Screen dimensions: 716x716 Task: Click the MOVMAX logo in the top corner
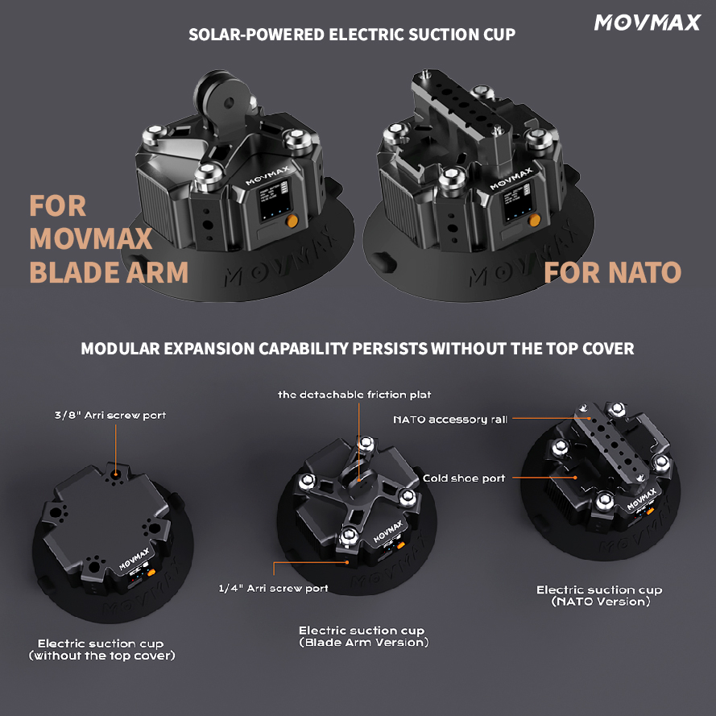pos(647,23)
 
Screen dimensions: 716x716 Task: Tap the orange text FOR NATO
pos(612,272)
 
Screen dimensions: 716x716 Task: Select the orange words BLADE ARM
pos(109,272)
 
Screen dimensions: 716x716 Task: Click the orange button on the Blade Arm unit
pos(292,221)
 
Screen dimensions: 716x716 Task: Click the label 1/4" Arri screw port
pos(273,589)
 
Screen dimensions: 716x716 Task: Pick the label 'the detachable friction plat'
pos(354,395)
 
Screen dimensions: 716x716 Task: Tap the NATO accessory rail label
pos(449,420)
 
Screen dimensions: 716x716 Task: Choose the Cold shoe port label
pos(464,478)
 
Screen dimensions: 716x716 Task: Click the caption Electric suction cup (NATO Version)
pos(598,596)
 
